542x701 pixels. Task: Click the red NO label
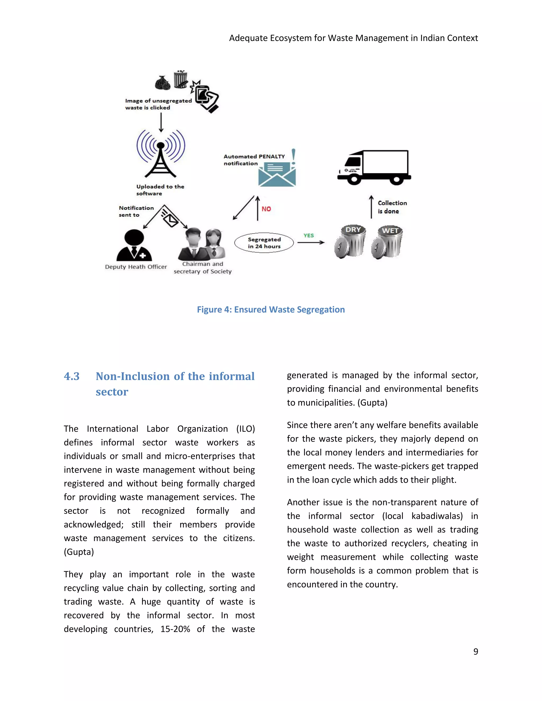coord(266,209)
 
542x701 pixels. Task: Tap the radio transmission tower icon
coord(161,153)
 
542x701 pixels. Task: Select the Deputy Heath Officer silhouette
coord(134,245)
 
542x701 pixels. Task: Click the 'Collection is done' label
coord(392,207)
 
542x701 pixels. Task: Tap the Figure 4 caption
coord(271,309)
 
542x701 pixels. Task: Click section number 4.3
coord(72,376)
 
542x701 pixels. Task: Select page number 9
coord(476,651)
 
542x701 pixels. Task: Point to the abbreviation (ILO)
coord(245,429)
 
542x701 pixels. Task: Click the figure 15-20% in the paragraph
coord(175,629)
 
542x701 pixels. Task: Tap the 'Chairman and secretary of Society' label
coord(203,268)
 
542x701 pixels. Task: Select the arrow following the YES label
coord(310,243)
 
